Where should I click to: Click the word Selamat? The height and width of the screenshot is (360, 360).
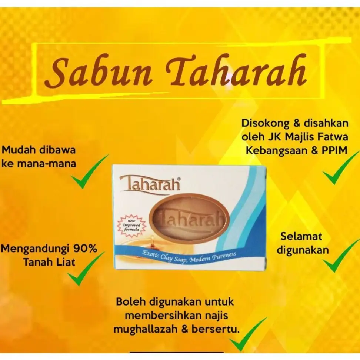(x=301, y=236)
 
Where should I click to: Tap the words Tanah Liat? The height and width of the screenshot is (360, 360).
(x=49, y=262)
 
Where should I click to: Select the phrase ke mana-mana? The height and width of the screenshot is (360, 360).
(x=39, y=163)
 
